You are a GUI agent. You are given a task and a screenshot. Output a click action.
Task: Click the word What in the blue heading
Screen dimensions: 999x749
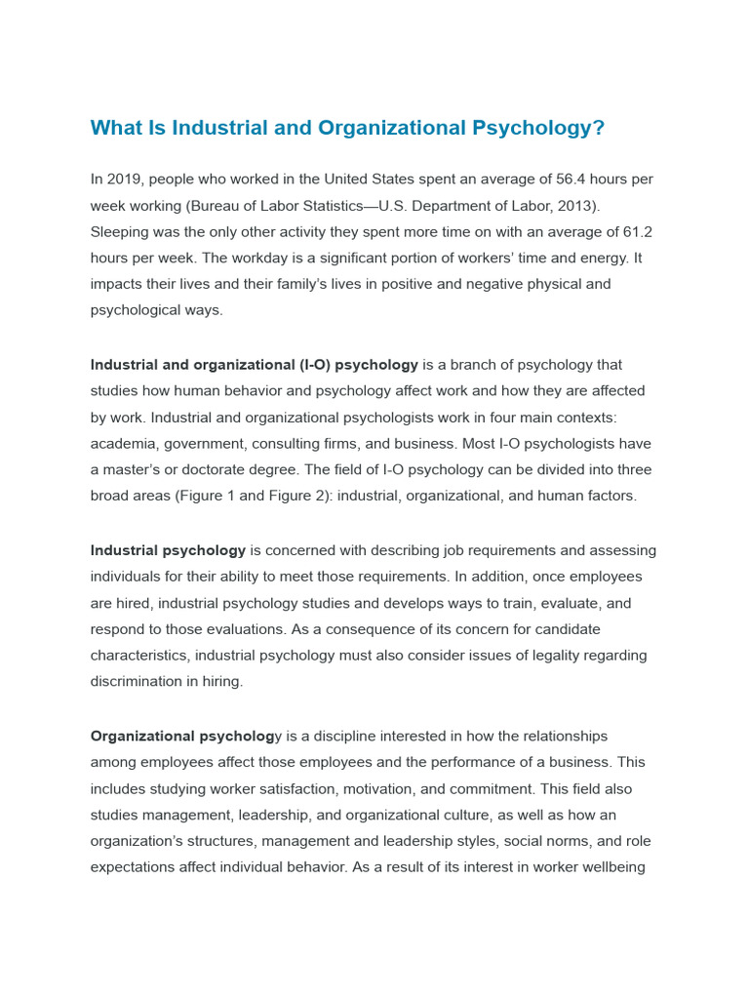click(117, 128)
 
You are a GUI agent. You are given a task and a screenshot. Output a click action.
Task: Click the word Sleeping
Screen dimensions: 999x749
click(123, 232)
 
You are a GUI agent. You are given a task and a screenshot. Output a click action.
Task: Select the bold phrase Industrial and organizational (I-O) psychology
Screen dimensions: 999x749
click(254, 365)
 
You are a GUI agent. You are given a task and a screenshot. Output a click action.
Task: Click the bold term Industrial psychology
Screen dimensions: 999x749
click(168, 551)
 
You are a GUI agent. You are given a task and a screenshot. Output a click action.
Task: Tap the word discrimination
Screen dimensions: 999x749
click(138, 682)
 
